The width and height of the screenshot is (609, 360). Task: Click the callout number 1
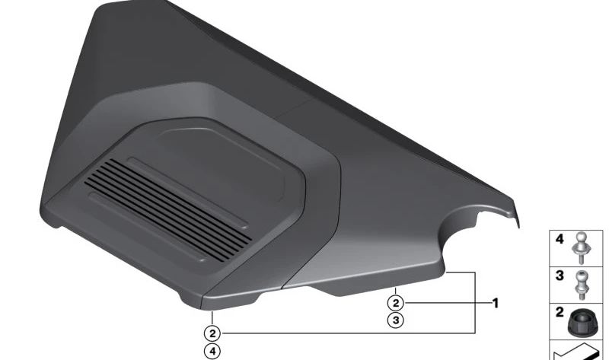coord(496,303)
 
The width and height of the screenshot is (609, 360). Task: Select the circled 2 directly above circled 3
coord(396,303)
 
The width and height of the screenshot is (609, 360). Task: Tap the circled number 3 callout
coord(396,320)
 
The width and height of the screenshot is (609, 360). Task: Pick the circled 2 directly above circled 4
coord(212,333)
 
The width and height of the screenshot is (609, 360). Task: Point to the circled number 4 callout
coord(212,351)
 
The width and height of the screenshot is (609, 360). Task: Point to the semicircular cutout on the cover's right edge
coord(473,235)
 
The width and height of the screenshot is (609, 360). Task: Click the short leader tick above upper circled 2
coord(396,289)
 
